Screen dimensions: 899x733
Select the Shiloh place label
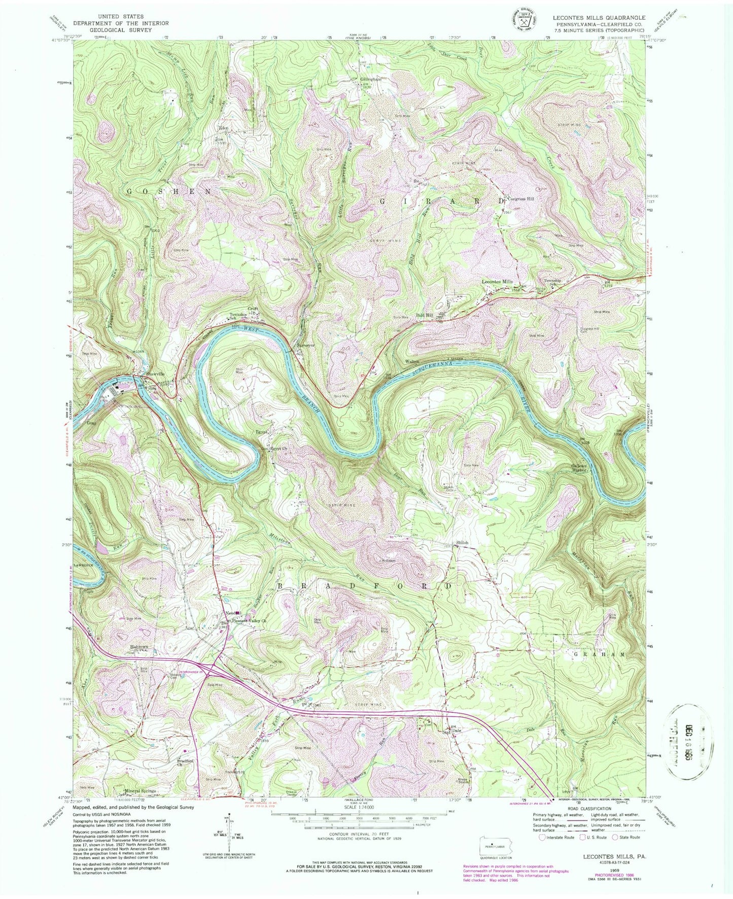click(462, 543)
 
